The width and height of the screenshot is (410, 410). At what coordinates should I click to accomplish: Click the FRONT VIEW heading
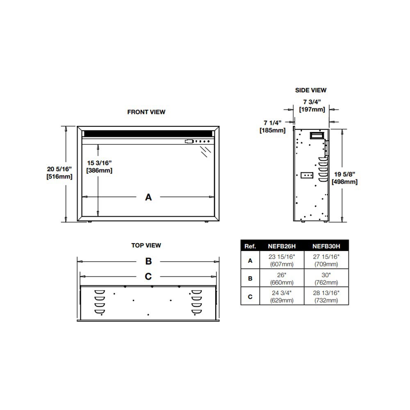coord(146,112)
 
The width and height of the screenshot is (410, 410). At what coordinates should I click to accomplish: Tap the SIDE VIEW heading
coord(311,90)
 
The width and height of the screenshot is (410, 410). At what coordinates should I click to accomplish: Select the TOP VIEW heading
coord(146,245)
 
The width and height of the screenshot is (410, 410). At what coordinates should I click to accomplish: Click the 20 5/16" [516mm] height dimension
coord(59,173)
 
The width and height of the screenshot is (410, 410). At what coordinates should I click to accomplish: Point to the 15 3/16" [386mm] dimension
coord(99,167)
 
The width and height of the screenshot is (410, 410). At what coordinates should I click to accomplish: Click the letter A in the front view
coord(148,197)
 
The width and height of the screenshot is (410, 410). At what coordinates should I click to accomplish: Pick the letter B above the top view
coord(148,261)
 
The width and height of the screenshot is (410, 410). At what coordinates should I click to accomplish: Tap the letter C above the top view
coord(148,276)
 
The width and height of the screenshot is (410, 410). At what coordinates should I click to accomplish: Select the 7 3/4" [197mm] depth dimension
coord(312,106)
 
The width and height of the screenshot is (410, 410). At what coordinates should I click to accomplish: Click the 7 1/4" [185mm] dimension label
coord(273,127)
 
